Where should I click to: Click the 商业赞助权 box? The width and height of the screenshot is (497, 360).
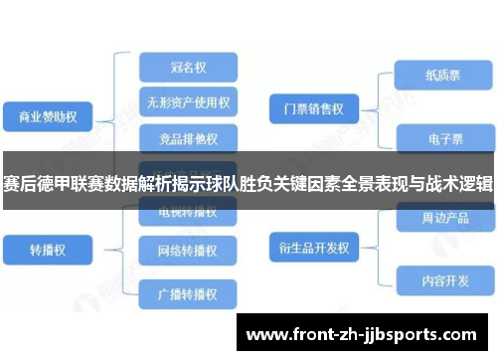pyautogui.click(x=48, y=117)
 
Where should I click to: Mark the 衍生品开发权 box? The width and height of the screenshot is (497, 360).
pyautogui.click(x=312, y=246)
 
